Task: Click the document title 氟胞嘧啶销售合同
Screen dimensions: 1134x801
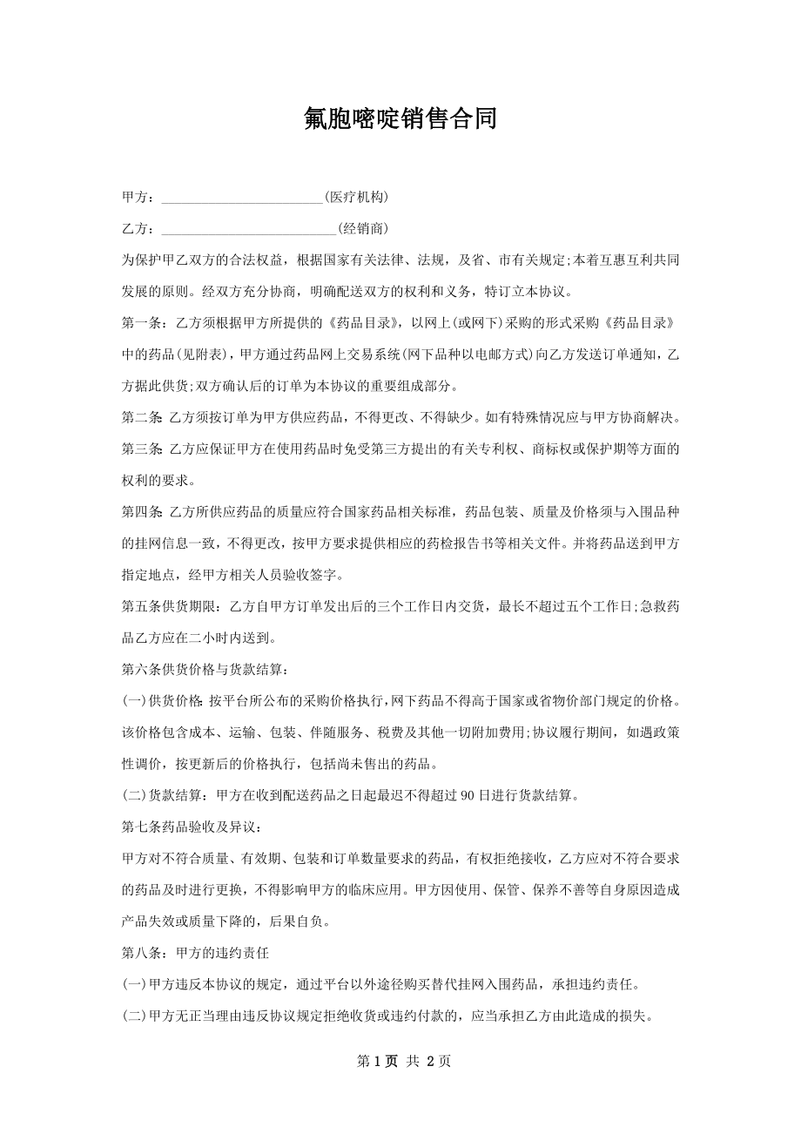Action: (400, 119)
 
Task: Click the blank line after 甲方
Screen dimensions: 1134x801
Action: (242, 199)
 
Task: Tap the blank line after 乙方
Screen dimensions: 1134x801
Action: (249, 229)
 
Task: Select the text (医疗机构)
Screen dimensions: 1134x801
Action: (355, 198)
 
